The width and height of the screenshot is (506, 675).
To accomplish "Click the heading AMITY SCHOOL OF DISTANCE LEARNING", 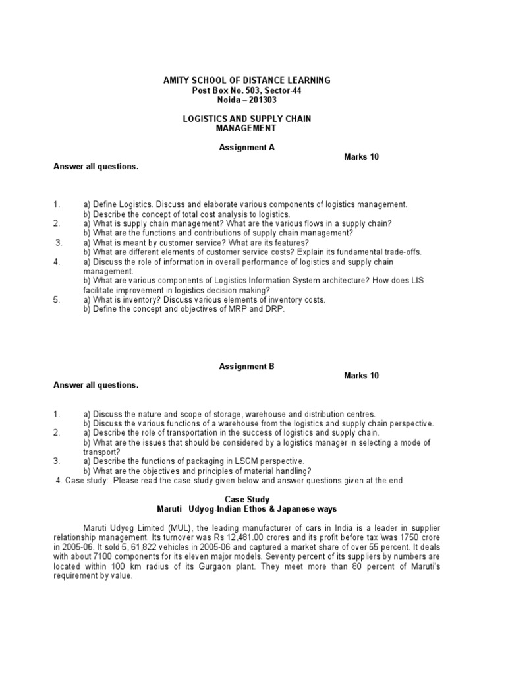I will click(x=246, y=80).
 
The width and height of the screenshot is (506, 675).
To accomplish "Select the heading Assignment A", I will click(x=246, y=148).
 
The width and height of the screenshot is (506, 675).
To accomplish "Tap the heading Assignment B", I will click(x=246, y=366).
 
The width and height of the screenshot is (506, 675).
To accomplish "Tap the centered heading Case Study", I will click(x=247, y=500).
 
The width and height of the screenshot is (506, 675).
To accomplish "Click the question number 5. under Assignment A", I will click(x=57, y=300).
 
